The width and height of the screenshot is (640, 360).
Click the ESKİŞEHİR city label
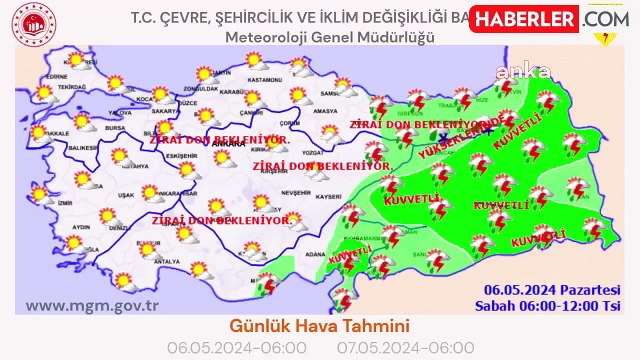tap(180, 156)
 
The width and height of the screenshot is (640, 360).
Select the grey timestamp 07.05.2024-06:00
tap(391, 347)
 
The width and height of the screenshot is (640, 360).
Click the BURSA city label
tap(117, 128)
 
